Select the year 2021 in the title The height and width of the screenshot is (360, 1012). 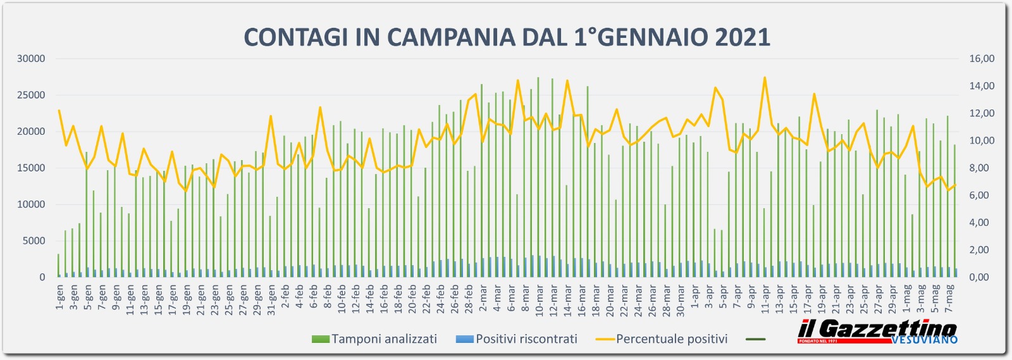coord(743,37)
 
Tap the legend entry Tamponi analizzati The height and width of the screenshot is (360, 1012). coord(383,339)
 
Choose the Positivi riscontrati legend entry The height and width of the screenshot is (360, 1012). coord(526,339)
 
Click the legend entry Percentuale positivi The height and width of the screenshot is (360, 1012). coord(671,339)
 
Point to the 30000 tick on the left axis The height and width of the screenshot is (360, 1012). coord(31,59)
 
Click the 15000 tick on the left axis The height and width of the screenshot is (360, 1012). coord(31,168)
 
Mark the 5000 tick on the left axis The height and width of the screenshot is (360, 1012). coord(34,241)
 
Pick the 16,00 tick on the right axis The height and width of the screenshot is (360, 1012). coord(982,59)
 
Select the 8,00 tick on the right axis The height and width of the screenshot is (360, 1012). coord(982,168)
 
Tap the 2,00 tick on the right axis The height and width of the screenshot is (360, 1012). coord(982,250)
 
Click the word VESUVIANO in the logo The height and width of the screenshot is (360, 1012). coord(924,340)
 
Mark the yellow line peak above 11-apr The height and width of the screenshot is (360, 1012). coord(765,78)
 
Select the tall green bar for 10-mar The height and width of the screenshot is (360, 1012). coord(538,177)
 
